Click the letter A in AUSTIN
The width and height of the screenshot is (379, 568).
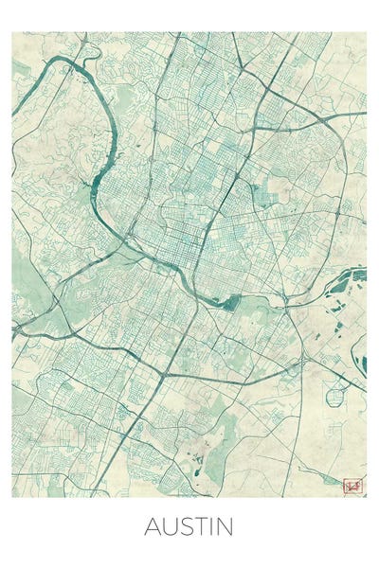(x=153, y=526)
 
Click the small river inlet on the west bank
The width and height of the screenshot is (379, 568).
(x=96, y=181)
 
